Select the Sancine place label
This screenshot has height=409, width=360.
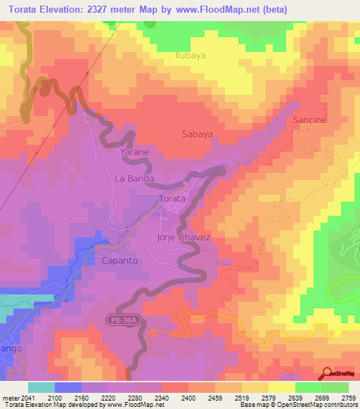coord(309,120)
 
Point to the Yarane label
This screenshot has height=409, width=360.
coord(133,152)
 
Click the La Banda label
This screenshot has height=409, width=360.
coord(134,178)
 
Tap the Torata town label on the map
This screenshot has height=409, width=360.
coord(172,199)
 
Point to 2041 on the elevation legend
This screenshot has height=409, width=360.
coord(19,398)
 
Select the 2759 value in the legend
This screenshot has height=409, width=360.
coord(349,398)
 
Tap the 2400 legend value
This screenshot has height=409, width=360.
coord(188,398)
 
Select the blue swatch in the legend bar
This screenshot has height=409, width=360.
coord(68,387)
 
